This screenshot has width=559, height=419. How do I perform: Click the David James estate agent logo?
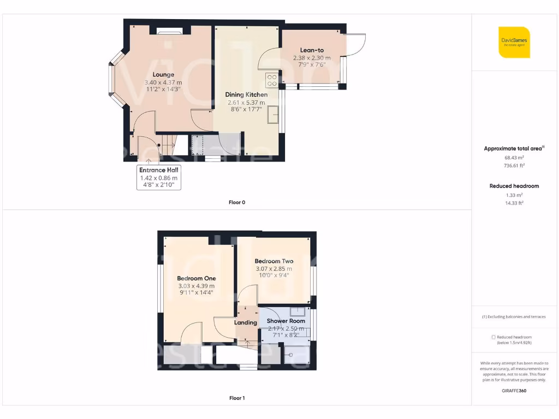[x=514, y=42]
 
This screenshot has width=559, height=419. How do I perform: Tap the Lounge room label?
[x=163, y=75]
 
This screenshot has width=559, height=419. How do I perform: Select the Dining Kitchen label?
[x=246, y=94]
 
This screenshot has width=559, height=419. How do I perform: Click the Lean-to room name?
[x=312, y=50]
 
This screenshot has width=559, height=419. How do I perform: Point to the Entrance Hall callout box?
[x=158, y=177]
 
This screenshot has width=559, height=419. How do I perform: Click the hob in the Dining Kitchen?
[x=271, y=81]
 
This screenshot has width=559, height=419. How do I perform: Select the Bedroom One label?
[x=196, y=278]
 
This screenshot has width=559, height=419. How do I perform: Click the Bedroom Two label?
[x=273, y=261]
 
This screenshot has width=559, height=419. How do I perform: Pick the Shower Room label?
[x=286, y=321]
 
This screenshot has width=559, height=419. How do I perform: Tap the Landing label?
[x=246, y=322]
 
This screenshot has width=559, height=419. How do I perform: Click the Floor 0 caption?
[x=237, y=202]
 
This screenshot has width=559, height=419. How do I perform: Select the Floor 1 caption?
[x=237, y=398]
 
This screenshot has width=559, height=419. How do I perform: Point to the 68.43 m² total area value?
[x=514, y=157]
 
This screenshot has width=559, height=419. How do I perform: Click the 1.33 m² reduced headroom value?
[x=514, y=195]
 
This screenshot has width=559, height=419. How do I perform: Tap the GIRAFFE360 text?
[x=514, y=391]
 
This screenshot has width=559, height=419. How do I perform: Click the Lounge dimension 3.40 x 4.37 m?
[x=163, y=82]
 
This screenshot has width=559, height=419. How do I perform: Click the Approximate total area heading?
[x=513, y=148]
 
